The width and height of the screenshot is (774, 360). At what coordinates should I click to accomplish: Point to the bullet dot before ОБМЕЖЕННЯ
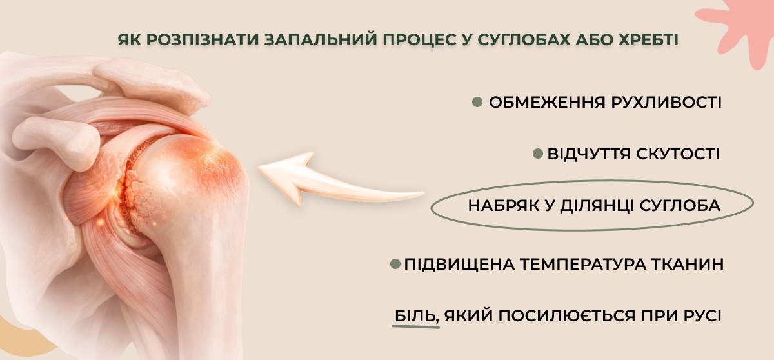click(x=477, y=102)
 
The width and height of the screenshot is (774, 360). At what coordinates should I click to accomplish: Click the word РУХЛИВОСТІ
click(x=666, y=103)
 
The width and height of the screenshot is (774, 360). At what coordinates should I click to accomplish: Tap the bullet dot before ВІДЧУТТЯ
click(x=537, y=154)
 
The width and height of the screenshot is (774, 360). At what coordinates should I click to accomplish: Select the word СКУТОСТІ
click(x=678, y=154)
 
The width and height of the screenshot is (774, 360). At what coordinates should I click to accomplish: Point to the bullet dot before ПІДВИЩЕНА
click(x=395, y=265)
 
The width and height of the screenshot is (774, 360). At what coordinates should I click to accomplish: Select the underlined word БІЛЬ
click(x=415, y=315)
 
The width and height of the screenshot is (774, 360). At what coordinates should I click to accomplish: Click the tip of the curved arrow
click(x=259, y=168)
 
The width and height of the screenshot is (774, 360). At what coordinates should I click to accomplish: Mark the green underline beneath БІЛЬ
click(x=415, y=326)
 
